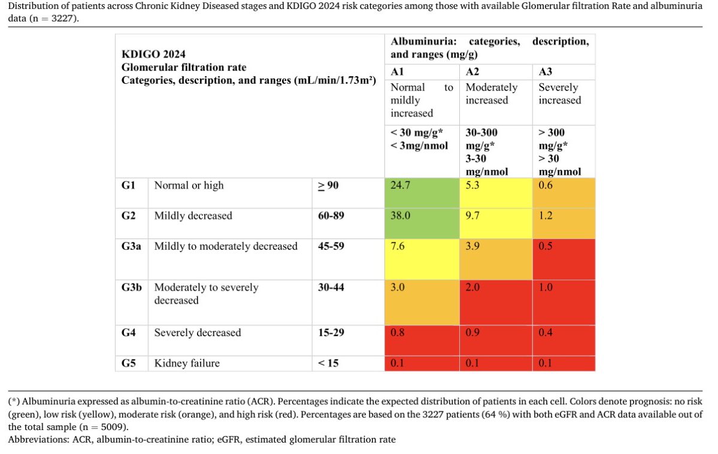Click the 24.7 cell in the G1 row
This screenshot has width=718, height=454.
pyautogui.click(x=400, y=186)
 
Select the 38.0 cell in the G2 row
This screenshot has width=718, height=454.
pyautogui.click(x=400, y=216)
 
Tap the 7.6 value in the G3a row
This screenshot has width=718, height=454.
pyautogui.click(x=398, y=246)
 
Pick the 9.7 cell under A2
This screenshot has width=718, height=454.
pyautogui.click(x=472, y=216)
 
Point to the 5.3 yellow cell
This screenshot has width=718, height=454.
pyautogui.click(x=472, y=186)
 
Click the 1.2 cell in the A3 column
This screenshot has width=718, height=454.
pyautogui.click(x=546, y=216)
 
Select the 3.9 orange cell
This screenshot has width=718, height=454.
pyautogui.click(x=472, y=246)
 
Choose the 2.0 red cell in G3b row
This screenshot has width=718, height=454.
pyautogui.click(x=472, y=287)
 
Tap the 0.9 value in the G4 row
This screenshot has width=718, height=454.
pyautogui.click(x=472, y=332)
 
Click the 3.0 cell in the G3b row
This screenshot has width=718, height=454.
pyautogui.click(x=398, y=287)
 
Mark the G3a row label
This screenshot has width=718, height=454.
pyautogui.click(x=132, y=246)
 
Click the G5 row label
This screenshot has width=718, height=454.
pyautogui.click(x=128, y=363)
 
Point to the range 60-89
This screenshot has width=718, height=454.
pyautogui.click(x=331, y=216)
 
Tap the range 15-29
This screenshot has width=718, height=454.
pyautogui.click(x=331, y=332)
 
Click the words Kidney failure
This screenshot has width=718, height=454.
pyautogui.click(x=187, y=363)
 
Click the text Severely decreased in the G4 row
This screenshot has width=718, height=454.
pyautogui.click(x=198, y=332)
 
